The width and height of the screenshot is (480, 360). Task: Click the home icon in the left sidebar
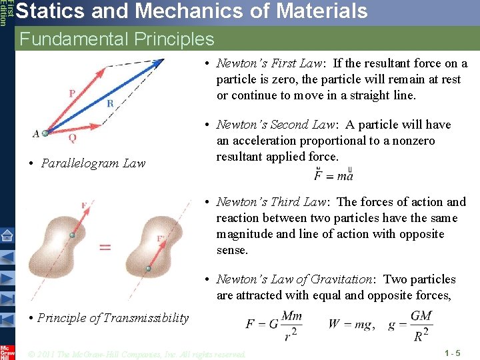(x=7, y=235)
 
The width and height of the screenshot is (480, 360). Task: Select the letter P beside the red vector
(x=72, y=93)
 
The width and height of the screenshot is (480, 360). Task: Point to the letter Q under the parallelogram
(x=72, y=138)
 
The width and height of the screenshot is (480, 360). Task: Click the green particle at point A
(x=45, y=133)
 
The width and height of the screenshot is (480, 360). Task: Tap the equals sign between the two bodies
(x=105, y=247)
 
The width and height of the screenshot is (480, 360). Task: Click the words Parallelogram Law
(x=93, y=163)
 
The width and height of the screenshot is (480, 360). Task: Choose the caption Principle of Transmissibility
(x=113, y=318)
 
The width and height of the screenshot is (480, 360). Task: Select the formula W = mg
(x=351, y=324)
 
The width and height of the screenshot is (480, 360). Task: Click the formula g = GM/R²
(x=409, y=324)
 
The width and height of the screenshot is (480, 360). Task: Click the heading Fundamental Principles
(x=117, y=39)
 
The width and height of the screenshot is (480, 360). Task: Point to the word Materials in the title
(x=307, y=11)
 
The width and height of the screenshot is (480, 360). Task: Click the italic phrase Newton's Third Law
(x=273, y=202)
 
